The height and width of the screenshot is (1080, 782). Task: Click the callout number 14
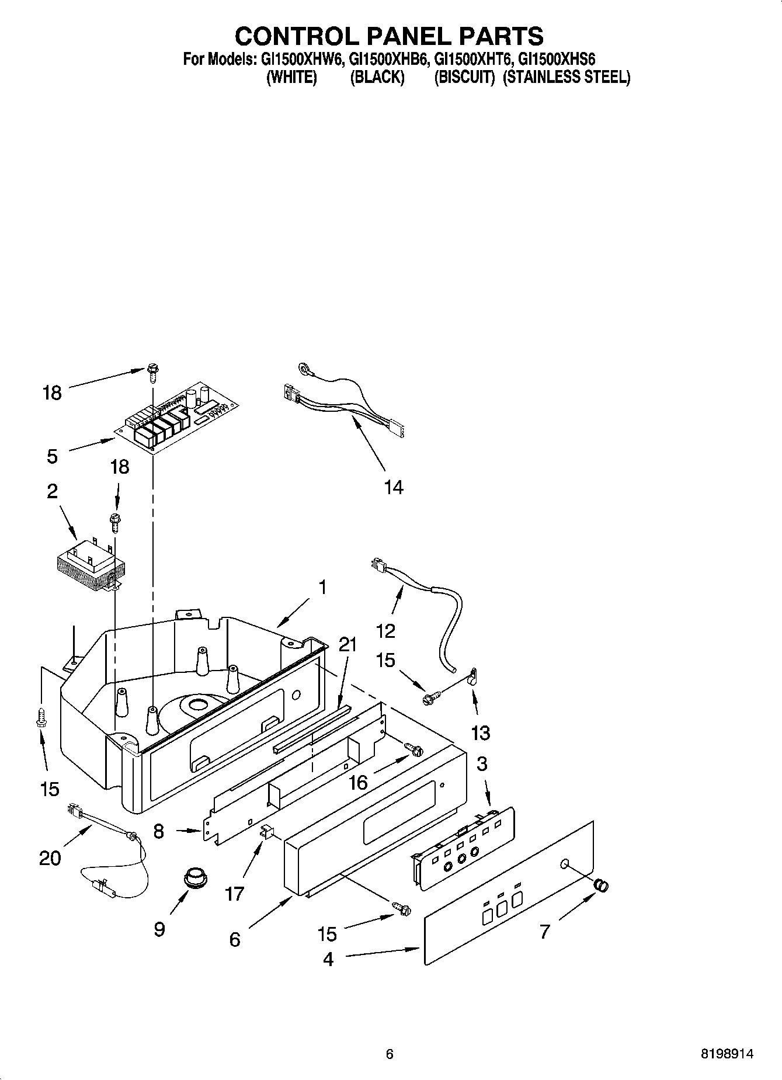[x=394, y=487]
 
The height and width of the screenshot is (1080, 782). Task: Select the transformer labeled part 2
[x=93, y=562]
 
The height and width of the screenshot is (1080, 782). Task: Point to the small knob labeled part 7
[x=601, y=885]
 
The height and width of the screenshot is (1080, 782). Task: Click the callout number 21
[x=347, y=644]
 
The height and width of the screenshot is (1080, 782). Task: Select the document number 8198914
[x=727, y=1054]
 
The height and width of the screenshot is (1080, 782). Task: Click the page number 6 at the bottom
[x=390, y=1054]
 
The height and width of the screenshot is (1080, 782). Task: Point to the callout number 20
[x=50, y=858]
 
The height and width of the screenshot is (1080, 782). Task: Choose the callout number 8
[x=159, y=831]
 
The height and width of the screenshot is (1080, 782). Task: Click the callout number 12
[x=385, y=631]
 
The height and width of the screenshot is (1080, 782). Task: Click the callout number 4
[x=328, y=959]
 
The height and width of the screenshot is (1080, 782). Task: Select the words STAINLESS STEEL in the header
[x=566, y=77]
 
